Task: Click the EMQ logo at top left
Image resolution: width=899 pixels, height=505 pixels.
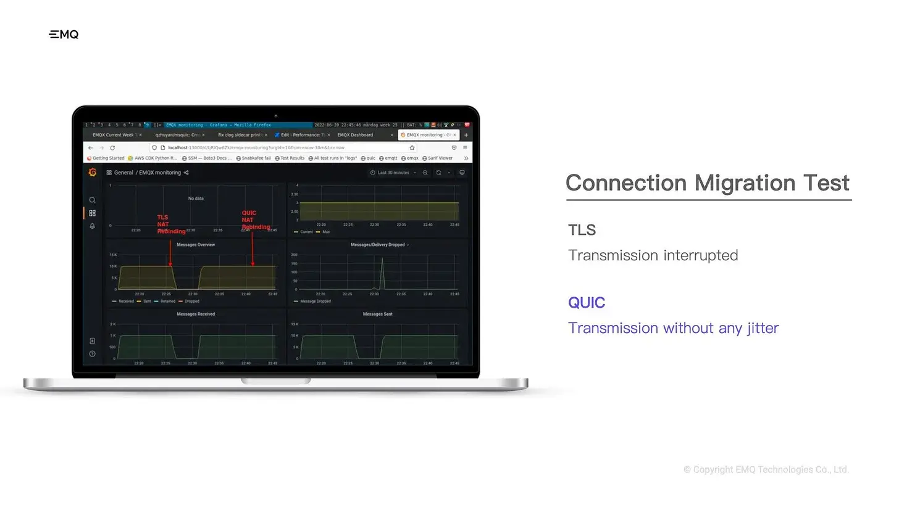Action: [64, 35]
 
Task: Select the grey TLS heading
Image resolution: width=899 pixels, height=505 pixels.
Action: [582, 231]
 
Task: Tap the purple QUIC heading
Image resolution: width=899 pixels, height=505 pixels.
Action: [587, 303]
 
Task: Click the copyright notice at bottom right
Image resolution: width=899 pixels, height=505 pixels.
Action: [766, 470]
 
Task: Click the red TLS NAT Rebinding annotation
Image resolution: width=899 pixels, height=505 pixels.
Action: [170, 224]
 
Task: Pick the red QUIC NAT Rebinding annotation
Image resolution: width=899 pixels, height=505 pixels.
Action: [255, 220]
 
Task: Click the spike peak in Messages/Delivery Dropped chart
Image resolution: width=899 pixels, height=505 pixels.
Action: [382, 258]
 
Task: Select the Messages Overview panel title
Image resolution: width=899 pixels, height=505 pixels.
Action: [196, 245]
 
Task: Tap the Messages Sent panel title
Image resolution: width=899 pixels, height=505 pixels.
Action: [378, 314]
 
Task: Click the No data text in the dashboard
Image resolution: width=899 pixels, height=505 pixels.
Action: [196, 199]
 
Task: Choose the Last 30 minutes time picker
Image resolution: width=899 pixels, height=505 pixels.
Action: [393, 173]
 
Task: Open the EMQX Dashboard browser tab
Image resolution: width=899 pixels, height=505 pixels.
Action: [355, 135]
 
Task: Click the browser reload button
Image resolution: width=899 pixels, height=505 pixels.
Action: [112, 148]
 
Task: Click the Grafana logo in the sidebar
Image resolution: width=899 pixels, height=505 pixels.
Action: [92, 173]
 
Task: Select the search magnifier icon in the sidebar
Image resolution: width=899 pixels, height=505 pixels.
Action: [92, 200]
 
